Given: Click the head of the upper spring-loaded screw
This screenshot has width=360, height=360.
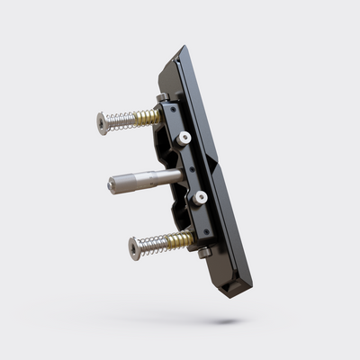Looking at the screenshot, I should click(102, 122).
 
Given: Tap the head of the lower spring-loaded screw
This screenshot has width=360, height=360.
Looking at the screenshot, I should click(135, 247).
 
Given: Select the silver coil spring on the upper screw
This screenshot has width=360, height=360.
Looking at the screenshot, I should click(121, 121).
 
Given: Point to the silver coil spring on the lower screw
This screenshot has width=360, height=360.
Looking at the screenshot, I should click(156, 244).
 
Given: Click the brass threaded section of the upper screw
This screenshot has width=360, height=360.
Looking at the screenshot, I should click(148, 117).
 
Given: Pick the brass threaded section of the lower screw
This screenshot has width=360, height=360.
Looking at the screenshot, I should click(180, 239).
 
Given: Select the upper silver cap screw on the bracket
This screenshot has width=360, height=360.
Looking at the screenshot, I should click(184, 138).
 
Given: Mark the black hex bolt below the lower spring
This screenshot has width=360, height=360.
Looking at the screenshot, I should click(204, 253).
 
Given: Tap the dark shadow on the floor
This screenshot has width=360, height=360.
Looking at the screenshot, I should click(220, 319).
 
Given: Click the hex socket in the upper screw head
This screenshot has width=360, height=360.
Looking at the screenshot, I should click(100, 123).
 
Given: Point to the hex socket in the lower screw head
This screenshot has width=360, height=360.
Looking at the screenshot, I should click(133, 248).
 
